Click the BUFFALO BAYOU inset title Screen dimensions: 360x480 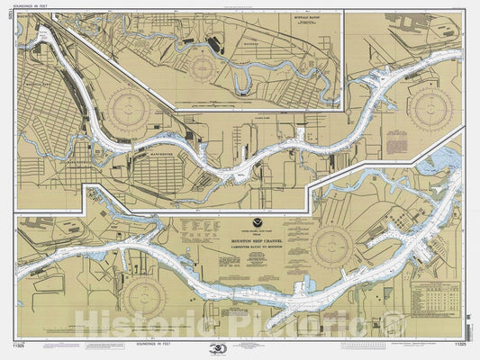click(x=315, y=17)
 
